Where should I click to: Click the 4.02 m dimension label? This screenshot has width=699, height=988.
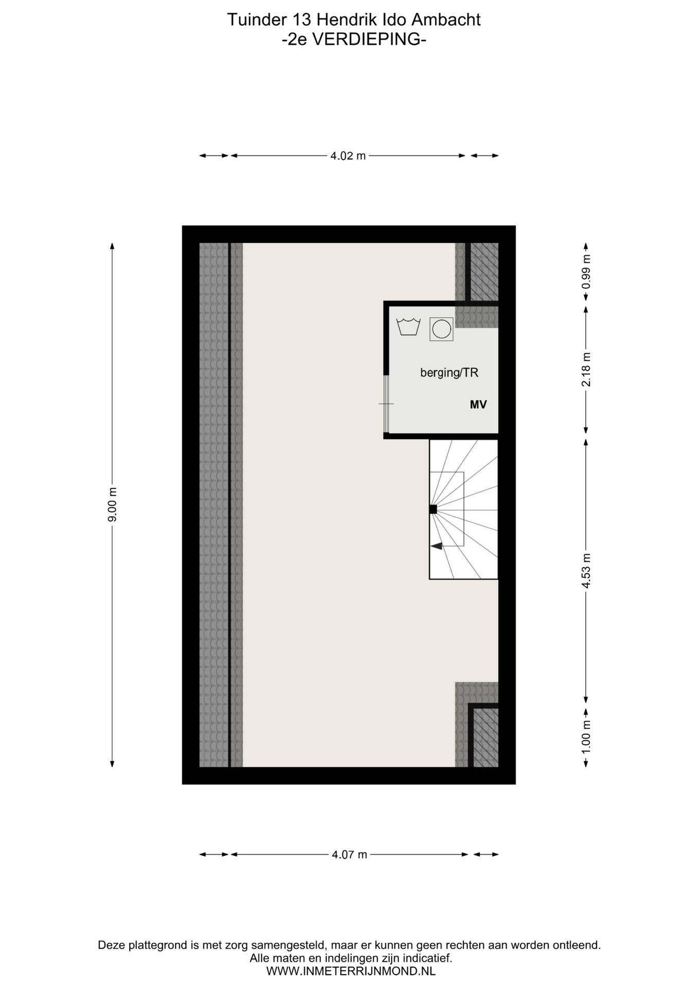pyautogui.click(x=348, y=155)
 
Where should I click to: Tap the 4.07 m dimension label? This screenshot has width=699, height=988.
pyautogui.click(x=349, y=855)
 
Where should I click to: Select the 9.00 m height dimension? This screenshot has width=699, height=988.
pyautogui.click(x=112, y=504)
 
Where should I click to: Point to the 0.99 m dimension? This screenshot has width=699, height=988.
pyautogui.click(x=586, y=272)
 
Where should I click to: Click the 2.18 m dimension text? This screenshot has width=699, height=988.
pyautogui.click(x=586, y=369)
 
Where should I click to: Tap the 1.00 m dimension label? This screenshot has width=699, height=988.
pyautogui.click(x=586, y=736)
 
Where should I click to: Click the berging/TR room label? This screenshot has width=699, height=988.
pyautogui.click(x=449, y=373)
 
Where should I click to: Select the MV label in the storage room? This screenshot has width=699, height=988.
pyautogui.click(x=478, y=405)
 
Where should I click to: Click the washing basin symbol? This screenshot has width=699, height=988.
pyautogui.click(x=409, y=327)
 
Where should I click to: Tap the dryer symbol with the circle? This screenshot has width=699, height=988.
pyautogui.click(x=442, y=329)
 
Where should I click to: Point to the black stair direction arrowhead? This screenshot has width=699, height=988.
pyautogui.click(x=436, y=545)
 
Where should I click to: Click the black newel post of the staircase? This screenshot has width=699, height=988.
pyautogui.click(x=433, y=509)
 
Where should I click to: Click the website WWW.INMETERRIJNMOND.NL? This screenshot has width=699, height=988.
pyautogui.click(x=351, y=972)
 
